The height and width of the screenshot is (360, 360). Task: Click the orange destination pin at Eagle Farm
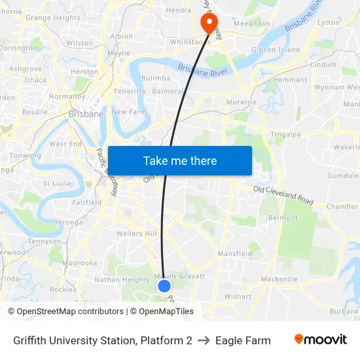pos(209,23)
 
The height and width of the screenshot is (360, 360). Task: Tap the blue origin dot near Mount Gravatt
pos(164,286)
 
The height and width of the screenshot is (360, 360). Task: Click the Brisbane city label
pos(86,114)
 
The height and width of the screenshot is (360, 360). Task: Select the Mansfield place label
pos(234,253)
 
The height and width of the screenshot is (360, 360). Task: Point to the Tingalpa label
pos(285,134)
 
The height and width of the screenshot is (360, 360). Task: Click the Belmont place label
pos(283,218)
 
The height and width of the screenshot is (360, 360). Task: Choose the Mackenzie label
pos(279,279)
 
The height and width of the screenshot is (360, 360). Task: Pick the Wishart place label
pos(237,297)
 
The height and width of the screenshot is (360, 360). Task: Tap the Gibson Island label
pos(275,50)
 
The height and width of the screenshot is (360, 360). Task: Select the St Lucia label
pos(56,183)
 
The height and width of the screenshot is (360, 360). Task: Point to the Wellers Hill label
pos(136,234)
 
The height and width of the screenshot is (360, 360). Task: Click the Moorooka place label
pos(80,262)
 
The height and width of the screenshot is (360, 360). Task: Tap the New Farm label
pos(128,112)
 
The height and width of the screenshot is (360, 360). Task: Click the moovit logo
pos(320,340)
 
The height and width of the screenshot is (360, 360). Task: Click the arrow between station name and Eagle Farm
pos(204,340)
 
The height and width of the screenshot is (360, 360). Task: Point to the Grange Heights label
pos(52,18)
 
